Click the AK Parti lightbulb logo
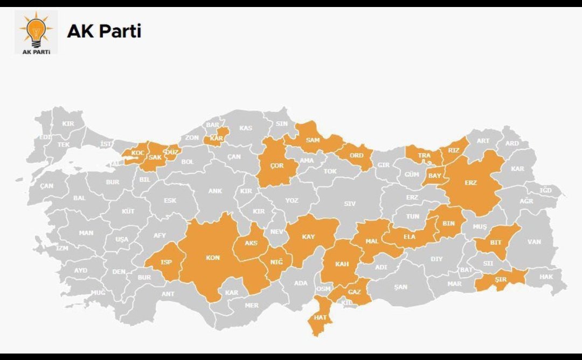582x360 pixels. point(36,32)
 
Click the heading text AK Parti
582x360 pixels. point(103,31)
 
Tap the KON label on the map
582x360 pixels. point(213,258)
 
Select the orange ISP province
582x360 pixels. point(165,262)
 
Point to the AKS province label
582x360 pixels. point(251,243)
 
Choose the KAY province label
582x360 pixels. point(308,237)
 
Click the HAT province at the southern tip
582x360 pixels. point(320,317)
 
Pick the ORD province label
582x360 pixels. point(357,156)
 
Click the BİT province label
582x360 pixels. point(496,243)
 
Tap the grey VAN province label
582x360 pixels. point(533,242)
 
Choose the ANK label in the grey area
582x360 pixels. point(215,191)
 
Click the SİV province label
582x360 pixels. point(350,204)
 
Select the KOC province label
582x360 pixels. point(138,154)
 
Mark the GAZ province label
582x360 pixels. point(354,292)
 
